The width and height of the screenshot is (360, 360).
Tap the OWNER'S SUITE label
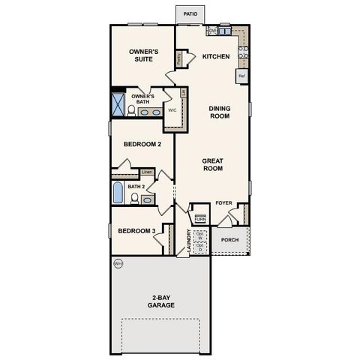[x=142, y=56]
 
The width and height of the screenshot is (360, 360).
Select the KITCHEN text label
[x=215, y=57]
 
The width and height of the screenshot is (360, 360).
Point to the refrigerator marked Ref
[x=242, y=76]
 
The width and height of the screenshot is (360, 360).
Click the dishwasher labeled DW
[x=213, y=31]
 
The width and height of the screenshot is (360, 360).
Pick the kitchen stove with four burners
[x=243, y=53]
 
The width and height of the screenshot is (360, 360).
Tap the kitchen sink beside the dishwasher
[x=225, y=31]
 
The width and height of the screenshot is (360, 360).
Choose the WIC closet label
[x=172, y=109]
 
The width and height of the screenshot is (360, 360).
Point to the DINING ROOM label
[x=219, y=112]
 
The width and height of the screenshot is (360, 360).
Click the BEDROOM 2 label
[x=142, y=144]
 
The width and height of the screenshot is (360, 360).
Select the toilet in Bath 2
[x=135, y=199]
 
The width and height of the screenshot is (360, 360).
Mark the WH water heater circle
[x=118, y=264]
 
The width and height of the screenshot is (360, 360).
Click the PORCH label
[x=229, y=240]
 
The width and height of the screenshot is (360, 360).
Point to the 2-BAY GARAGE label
[x=160, y=301]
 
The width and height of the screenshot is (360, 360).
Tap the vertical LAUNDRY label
[x=179, y=241]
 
